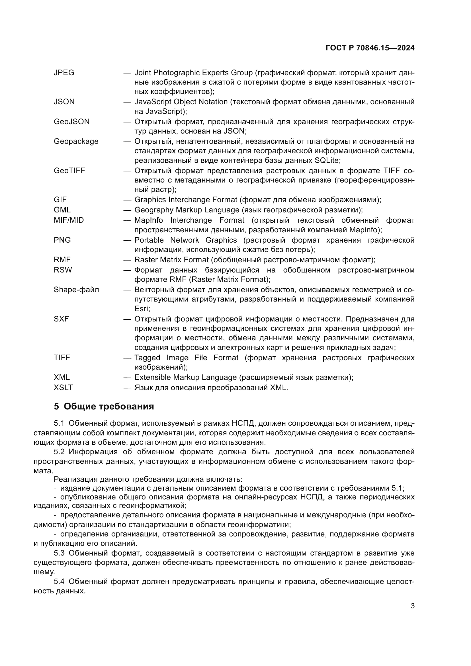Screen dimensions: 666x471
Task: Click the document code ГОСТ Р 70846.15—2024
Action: pyautogui.click(x=370, y=48)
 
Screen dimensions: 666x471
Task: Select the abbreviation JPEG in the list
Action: pyautogui.click(x=64, y=73)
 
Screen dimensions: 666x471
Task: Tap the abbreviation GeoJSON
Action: pyautogui.click(x=72, y=122)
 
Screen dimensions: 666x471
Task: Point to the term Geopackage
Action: pyautogui.click(x=76, y=141)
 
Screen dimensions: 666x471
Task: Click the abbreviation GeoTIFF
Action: pyautogui.click(x=69, y=171)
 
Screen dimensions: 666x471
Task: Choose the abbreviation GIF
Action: pyautogui.click(x=60, y=200)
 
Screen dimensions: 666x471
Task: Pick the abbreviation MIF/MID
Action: pyautogui.click(x=69, y=220)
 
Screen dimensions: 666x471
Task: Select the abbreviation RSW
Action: pyautogui.click(x=63, y=270)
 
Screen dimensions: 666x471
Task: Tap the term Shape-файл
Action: pyautogui.click(x=76, y=290)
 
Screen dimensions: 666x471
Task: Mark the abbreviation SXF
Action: pyautogui.click(x=61, y=319)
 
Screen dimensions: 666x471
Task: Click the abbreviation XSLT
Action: pyautogui.click(x=63, y=388)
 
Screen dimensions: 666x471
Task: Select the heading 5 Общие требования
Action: pyautogui.click(x=104, y=407)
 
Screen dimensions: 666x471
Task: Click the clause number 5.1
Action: pyautogui.click(x=59, y=423)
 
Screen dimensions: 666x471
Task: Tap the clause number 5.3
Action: pyautogui.click(x=59, y=553)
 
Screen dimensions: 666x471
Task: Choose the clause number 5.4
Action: pyautogui.click(x=59, y=582)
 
